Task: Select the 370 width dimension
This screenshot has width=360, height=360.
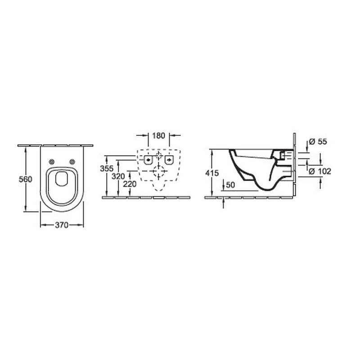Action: point(62,226)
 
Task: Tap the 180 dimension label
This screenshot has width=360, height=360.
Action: point(159,135)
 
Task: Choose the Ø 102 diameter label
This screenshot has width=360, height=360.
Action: point(320,171)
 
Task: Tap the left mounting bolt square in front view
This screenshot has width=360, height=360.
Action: point(148,160)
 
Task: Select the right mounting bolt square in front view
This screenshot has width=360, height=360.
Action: point(170,160)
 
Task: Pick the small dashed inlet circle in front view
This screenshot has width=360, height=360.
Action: point(159,157)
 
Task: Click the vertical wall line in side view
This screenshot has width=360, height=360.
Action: point(294,164)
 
